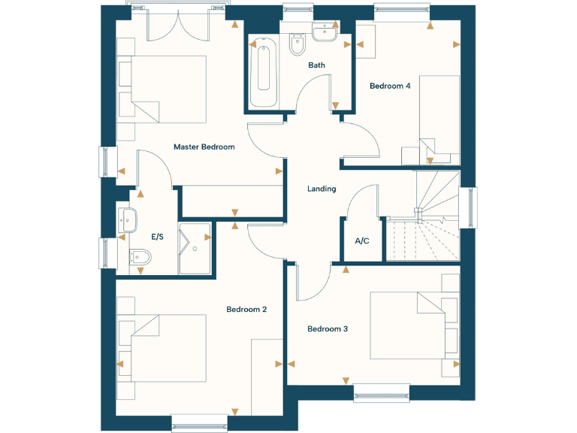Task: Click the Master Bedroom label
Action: pos(204,147)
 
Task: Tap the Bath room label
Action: pos(316,65)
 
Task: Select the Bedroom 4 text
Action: pos(390,86)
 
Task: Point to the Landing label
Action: pos(322,189)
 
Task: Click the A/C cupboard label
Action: pos(361,241)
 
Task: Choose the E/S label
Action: pos(158,237)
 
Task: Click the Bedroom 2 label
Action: pos(247,309)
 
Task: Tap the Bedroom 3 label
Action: pos(328,329)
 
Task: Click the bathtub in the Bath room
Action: pos(264,73)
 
